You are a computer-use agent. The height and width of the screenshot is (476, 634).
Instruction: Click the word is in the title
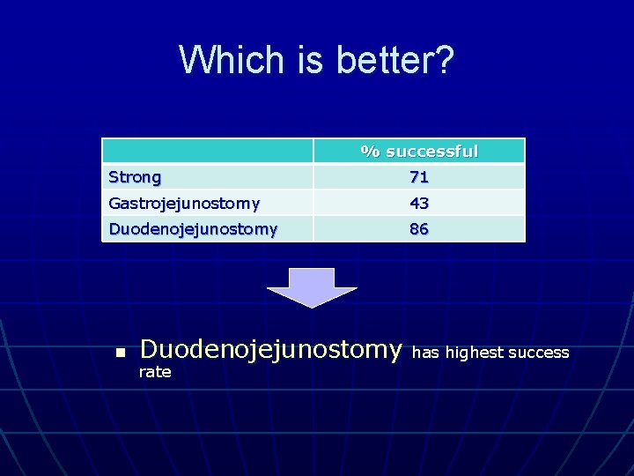pos(294,61)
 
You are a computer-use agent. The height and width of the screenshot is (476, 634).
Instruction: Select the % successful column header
pos(419,151)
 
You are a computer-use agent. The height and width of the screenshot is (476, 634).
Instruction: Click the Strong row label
pos(135,177)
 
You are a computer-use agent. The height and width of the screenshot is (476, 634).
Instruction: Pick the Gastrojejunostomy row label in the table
pos(184,204)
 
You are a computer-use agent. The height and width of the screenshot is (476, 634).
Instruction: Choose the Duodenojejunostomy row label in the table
pos(193,229)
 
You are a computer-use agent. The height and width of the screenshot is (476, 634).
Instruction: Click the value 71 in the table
pos(419,177)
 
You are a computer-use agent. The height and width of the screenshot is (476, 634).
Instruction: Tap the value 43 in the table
pos(419,204)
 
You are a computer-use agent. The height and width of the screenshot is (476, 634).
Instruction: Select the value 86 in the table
pos(419,229)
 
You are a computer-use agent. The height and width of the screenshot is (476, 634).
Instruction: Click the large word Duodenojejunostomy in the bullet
pos(271,350)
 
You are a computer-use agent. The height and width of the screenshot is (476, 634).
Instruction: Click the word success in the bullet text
pos(539,353)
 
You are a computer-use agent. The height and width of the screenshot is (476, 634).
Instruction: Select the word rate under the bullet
pos(155,373)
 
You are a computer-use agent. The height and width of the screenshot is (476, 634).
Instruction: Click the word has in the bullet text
pos(426,353)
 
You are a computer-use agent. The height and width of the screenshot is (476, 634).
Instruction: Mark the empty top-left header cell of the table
pos(208,151)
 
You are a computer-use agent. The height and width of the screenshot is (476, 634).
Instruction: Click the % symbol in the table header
pos(370,152)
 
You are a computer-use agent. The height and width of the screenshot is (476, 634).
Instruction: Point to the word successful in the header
pos(431,151)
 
